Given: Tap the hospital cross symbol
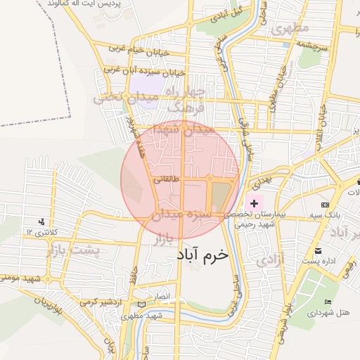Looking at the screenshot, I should click(x=254, y=203).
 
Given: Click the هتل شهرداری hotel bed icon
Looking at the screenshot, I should click(x=328, y=302).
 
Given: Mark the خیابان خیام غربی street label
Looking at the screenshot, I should click(x=135, y=48).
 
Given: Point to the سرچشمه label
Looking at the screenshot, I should click(x=311, y=46).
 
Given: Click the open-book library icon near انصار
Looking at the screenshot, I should click(x=143, y=305).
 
